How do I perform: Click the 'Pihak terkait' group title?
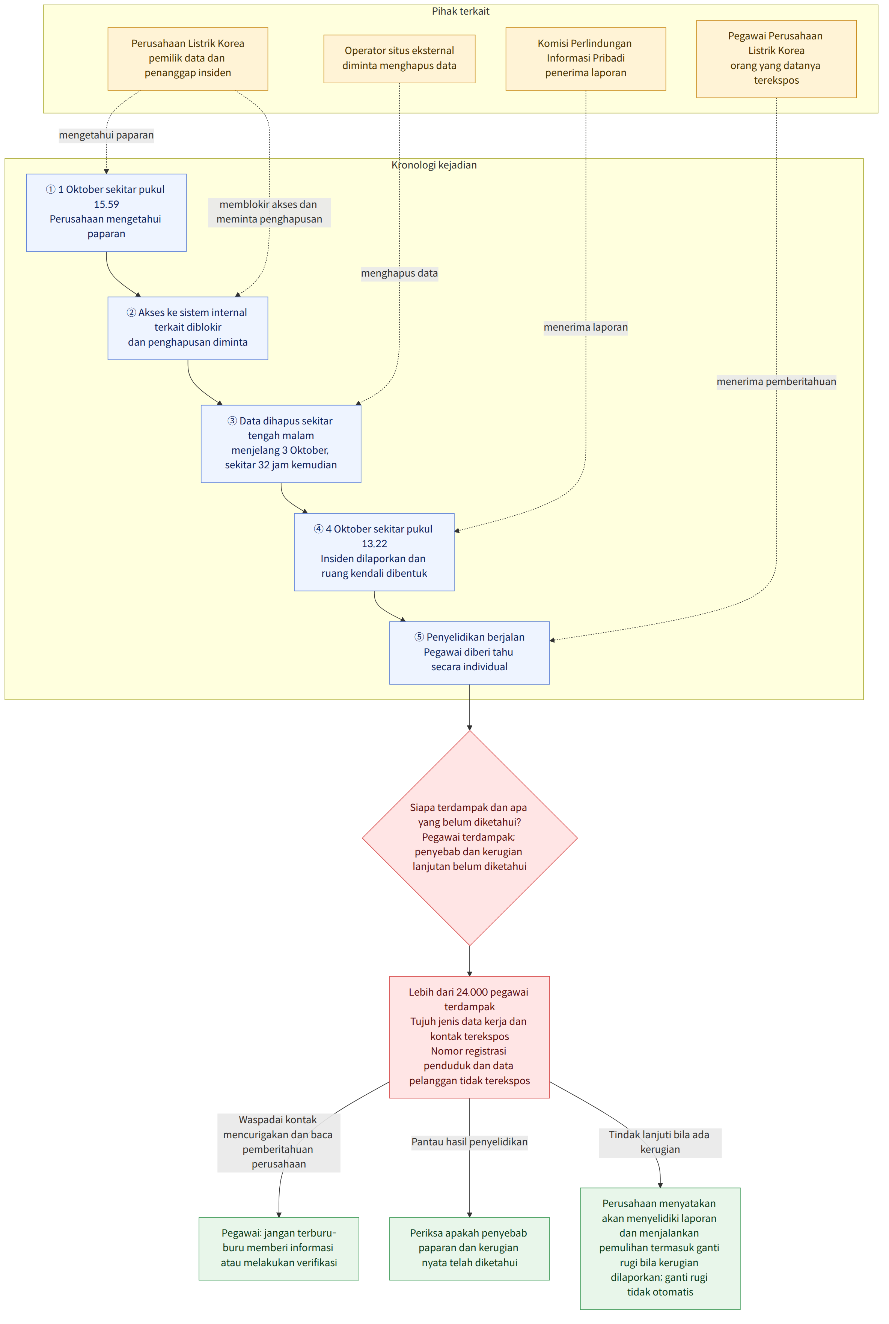coord(460,11)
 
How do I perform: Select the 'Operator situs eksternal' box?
coord(399,59)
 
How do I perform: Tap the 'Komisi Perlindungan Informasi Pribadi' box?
coord(586,59)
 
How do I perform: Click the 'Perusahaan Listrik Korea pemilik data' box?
coord(188,59)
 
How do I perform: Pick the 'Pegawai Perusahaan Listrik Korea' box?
coord(776,59)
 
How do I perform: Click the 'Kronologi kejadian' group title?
coord(434,165)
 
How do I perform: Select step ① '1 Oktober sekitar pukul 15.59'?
coord(107,212)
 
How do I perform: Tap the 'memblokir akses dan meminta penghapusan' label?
coord(269,212)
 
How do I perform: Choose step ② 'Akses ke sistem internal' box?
coord(188,328)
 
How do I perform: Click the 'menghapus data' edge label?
coord(399,274)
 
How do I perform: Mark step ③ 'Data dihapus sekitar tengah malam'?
coord(281,444)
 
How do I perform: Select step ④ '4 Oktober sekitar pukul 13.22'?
coord(374,552)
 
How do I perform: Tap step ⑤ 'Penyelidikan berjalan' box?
coord(469,653)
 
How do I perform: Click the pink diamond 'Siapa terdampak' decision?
coord(469,838)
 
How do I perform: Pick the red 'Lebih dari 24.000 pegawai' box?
coord(469,1037)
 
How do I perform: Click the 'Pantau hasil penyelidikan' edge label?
coord(469,1142)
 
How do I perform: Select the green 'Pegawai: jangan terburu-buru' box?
coord(279,1249)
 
